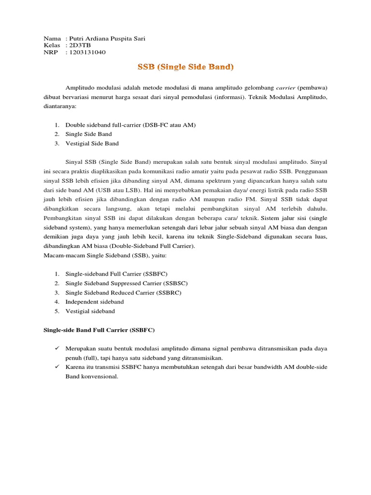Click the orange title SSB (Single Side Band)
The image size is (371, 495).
point(185,68)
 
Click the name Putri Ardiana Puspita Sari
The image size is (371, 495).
point(107,39)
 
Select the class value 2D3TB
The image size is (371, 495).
point(80,45)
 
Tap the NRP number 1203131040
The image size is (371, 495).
point(87,52)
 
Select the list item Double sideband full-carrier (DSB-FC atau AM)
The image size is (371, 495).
point(130,125)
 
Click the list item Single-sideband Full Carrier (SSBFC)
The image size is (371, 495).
point(116,274)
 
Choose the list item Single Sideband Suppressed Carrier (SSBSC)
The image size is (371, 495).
point(127,283)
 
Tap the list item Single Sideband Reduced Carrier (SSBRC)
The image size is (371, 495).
point(124,292)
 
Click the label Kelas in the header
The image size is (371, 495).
point(51,45)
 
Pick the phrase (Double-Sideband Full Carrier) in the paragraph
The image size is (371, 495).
point(159,246)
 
